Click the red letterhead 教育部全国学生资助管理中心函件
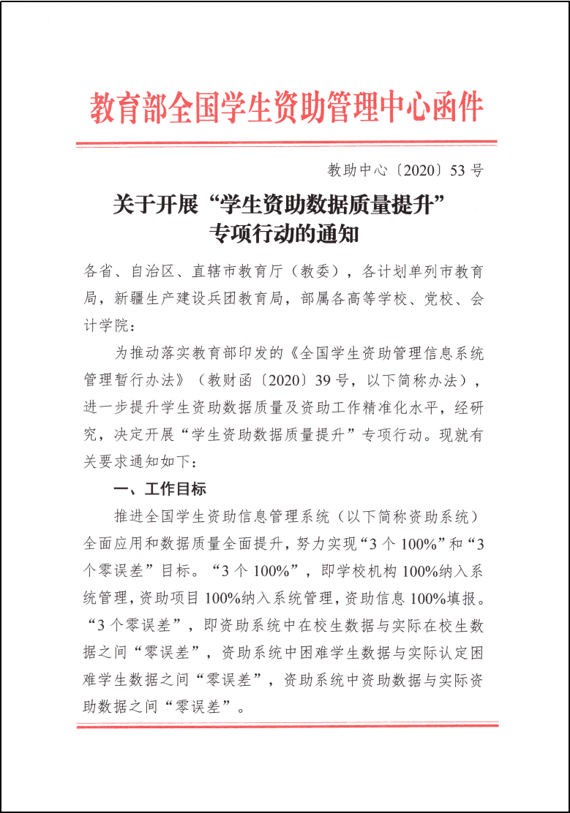pyautogui.click(x=286, y=107)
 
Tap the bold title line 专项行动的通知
pyautogui.click(x=285, y=235)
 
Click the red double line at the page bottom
pyautogui.click(x=286, y=725)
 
